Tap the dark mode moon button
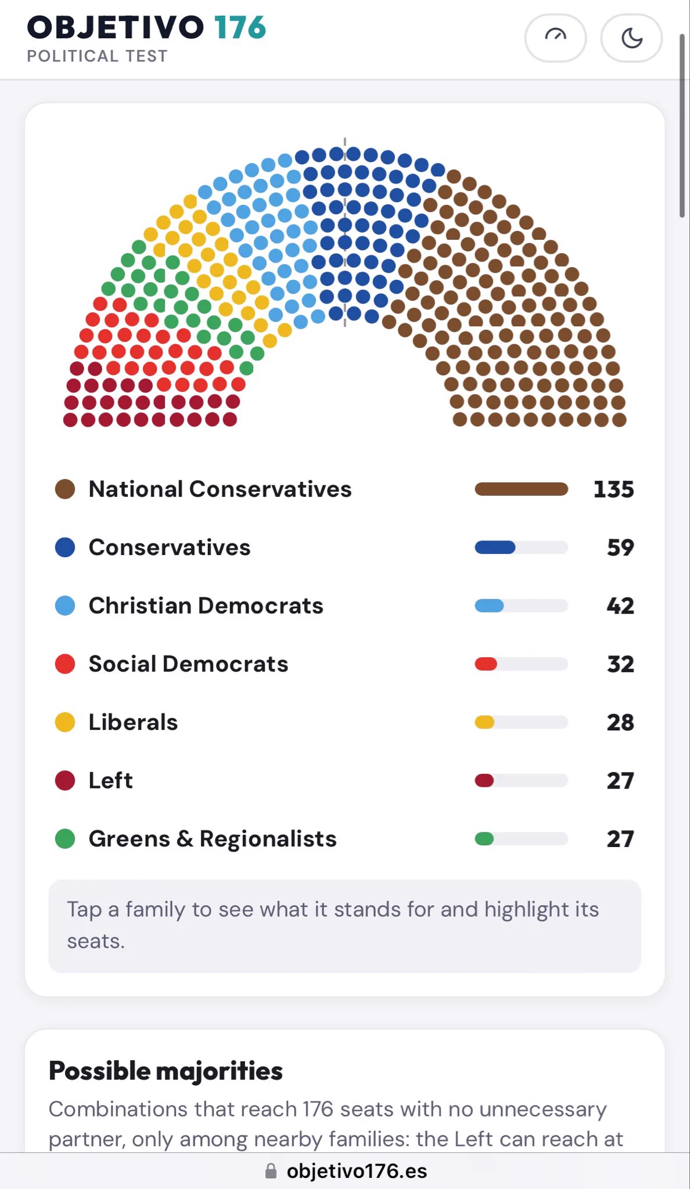pyautogui.click(x=631, y=38)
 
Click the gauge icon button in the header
pyautogui.click(x=555, y=38)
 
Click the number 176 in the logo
pyautogui.click(x=240, y=27)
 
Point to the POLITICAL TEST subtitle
pyautogui.click(x=98, y=56)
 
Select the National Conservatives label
pyautogui.click(x=220, y=489)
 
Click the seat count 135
pyautogui.click(x=613, y=489)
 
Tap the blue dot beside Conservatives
pyautogui.click(x=65, y=547)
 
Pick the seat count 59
pyautogui.click(x=620, y=547)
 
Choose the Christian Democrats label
pyautogui.click(x=206, y=606)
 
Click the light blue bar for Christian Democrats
pyautogui.click(x=489, y=606)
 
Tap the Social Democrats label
pyautogui.click(x=188, y=664)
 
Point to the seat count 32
pyautogui.click(x=620, y=664)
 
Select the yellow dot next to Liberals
pyautogui.click(x=65, y=722)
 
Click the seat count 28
pyautogui.click(x=620, y=722)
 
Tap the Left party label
pyautogui.click(x=110, y=780)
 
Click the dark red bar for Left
pyautogui.click(x=484, y=780)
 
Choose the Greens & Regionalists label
pyautogui.click(x=213, y=839)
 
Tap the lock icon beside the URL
pyautogui.click(x=271, y=1170)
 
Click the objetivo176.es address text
pyautogui.click(x=357, y=1171)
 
